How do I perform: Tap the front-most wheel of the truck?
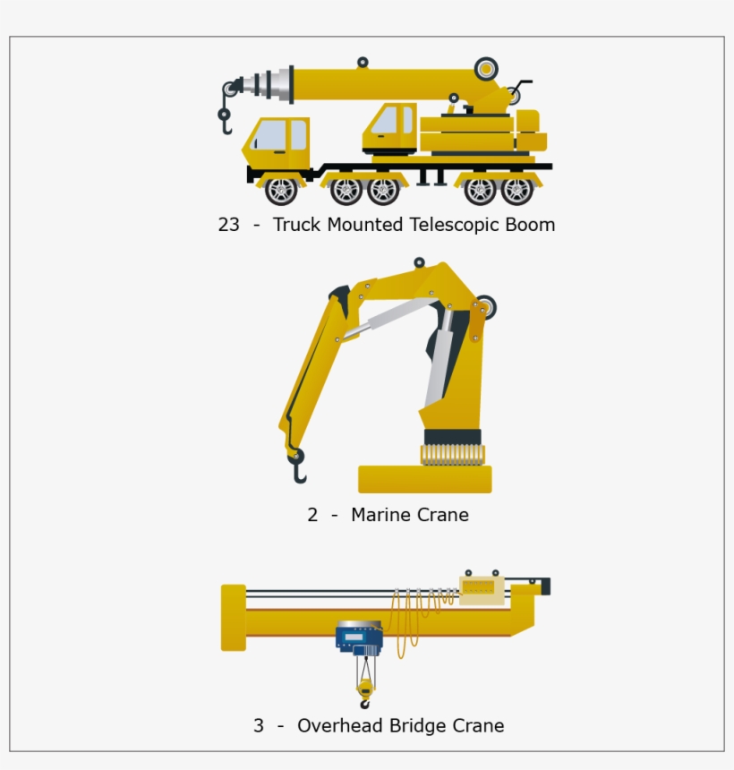click(x=281, y=190)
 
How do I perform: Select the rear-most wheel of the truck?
click(x=516, y=190)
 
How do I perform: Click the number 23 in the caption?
click(x=229, y=225)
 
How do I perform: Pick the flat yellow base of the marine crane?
click(x=424, y=480)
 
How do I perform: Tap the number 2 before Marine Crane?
click(x=312, y=515)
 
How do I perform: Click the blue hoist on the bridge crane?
click(x=359, y=637)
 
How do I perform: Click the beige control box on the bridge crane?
click(x=482, y=589)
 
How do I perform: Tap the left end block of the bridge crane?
click(x=233, y=617)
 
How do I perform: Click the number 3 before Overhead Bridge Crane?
click(x=259, y=726)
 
